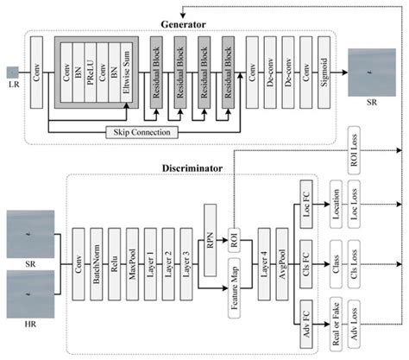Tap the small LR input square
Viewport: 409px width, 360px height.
(x=11, y=72)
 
